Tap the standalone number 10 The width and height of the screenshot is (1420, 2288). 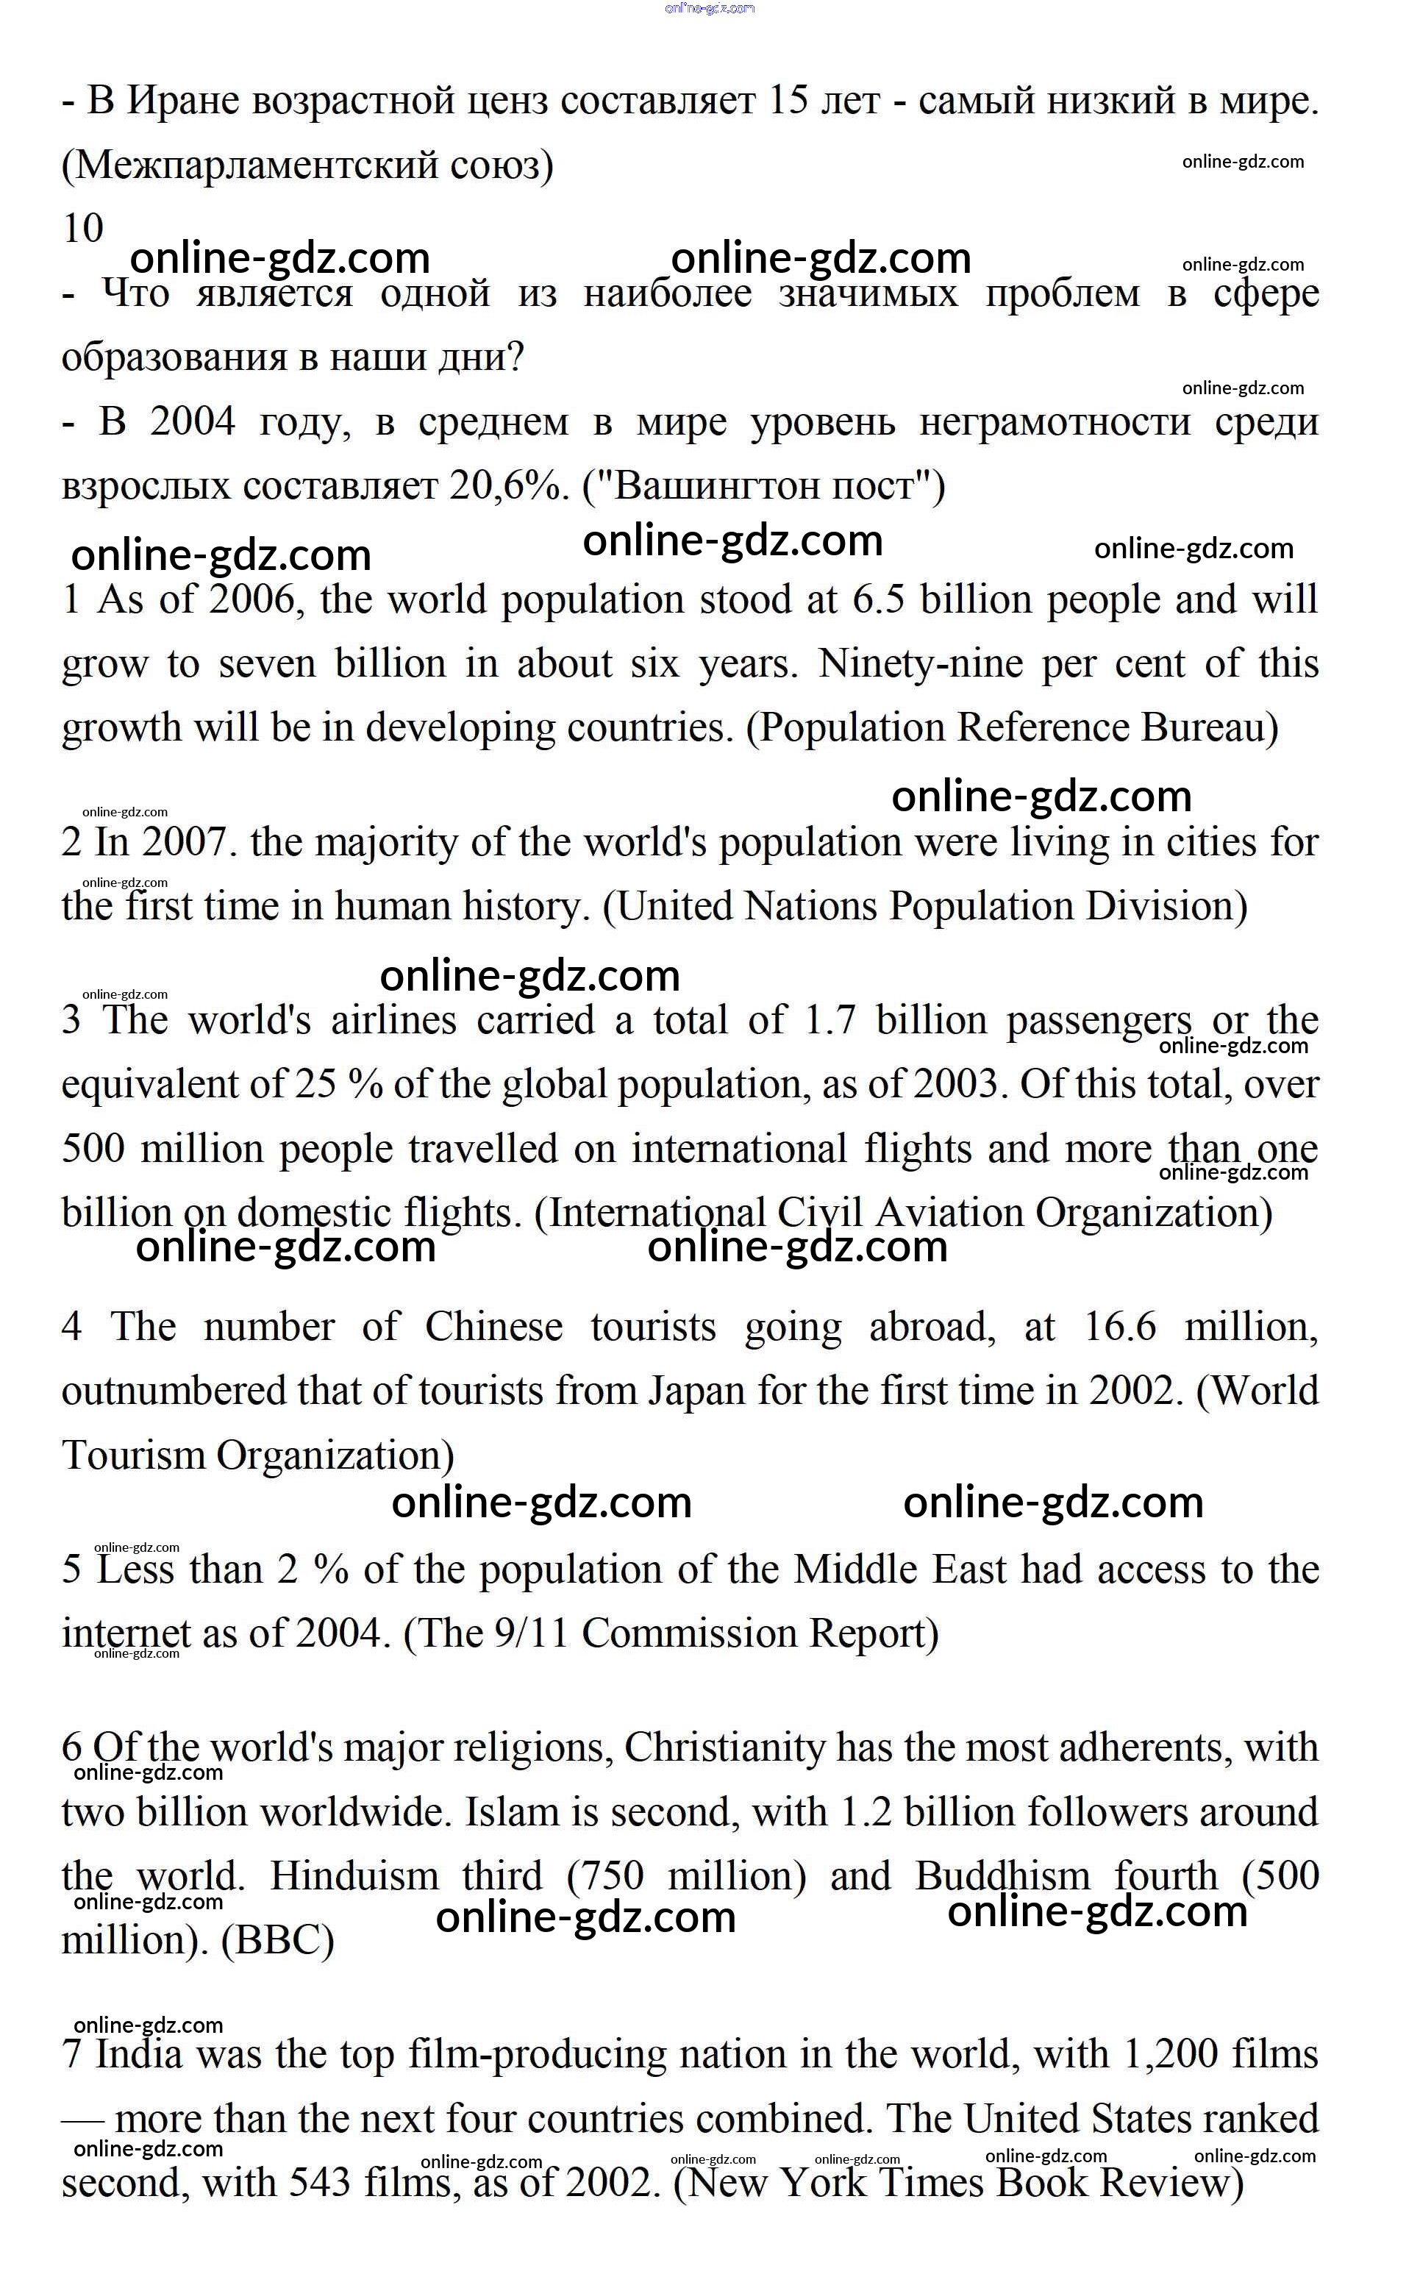82,228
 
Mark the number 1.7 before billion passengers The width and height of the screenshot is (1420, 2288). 830,1021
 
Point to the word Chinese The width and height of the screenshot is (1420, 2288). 493,1327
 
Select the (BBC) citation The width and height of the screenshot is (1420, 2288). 278,1939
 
